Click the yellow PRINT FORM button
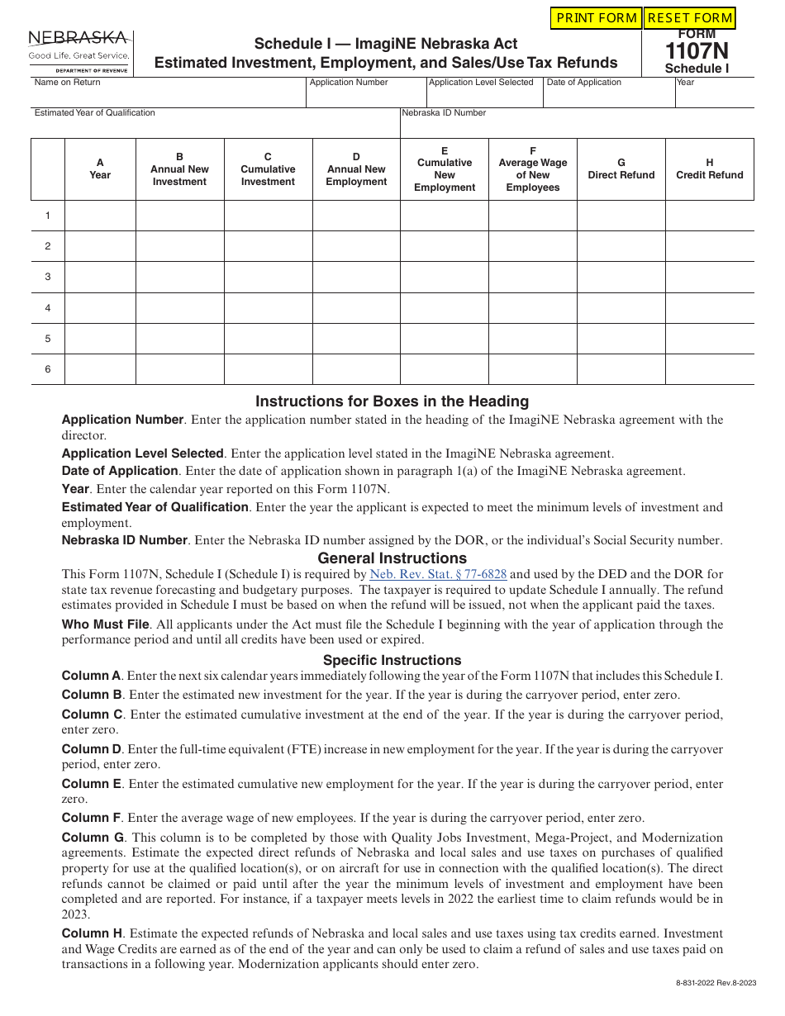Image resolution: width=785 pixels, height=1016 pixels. (597, 18)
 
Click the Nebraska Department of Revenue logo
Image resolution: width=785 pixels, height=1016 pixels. (79, 51)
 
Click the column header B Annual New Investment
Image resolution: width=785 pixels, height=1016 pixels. (179, 169)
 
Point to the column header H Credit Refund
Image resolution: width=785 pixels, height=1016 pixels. (709, 169)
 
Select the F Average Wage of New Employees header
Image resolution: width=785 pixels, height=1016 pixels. (532, 169)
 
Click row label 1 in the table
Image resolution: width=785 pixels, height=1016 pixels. (48, 216)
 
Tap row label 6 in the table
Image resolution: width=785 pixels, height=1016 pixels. (48, 369)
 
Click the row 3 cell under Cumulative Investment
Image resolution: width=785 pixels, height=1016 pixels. (268, 277)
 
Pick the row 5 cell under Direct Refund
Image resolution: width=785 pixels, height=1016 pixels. (621, 339)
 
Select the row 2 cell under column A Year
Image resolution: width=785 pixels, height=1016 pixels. (100, 246)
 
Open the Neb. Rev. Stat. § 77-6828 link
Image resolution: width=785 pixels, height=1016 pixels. (438, 574)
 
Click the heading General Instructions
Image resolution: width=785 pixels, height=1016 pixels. (392, 558)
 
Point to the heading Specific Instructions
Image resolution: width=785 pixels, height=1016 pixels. (392, 660)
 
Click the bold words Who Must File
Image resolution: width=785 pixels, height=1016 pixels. (105, 624)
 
